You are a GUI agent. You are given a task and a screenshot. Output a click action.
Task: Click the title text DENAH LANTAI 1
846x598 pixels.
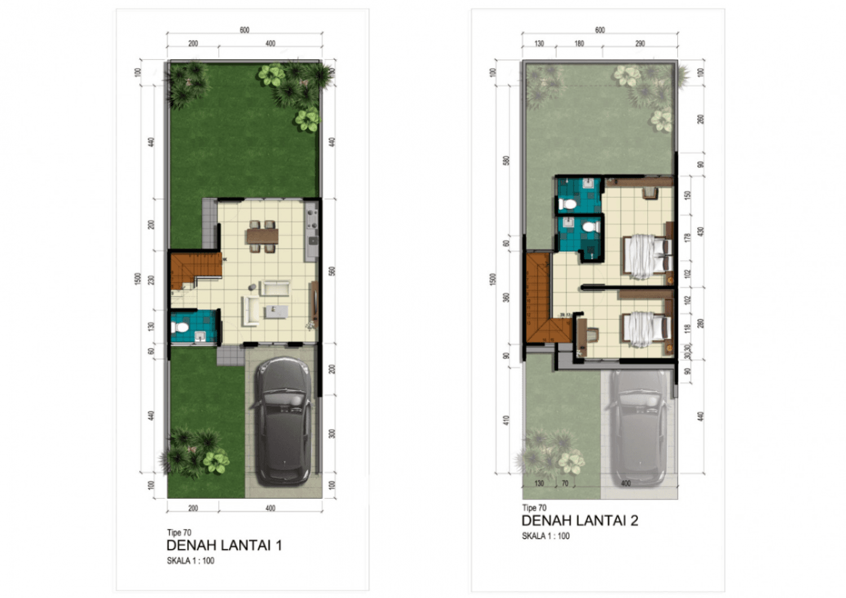(x=224, y=546)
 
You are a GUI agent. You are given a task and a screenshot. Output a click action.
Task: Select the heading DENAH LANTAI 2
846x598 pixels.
(x=579, y=521)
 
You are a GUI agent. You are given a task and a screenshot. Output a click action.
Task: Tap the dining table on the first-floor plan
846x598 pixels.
(x=262, y=235)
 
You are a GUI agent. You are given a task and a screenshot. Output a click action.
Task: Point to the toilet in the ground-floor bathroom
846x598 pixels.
(x=180, y=327)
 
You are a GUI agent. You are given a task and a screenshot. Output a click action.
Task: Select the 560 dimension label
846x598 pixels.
(x=332, y=271)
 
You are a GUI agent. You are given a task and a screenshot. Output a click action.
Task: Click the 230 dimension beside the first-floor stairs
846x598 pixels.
(x=151, y=279)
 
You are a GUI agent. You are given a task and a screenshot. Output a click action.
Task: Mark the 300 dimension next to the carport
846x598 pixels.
(x=332, y=433)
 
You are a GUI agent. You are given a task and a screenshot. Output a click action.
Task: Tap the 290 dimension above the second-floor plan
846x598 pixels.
(x=640, y=43)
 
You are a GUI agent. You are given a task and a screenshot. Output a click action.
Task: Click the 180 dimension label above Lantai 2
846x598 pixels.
(x=579, y=43)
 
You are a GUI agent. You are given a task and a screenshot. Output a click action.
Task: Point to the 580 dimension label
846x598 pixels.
(x=506, y=160)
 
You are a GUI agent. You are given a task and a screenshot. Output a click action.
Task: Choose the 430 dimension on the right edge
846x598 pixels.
(x=700, y=231)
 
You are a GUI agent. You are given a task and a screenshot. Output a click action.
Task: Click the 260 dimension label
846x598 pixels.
(x=700, y=119)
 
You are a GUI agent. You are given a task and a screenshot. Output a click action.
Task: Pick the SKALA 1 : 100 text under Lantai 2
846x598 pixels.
(x=545, y=536)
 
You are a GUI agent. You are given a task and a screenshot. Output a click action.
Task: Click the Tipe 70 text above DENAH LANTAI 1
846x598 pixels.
(x=179, y=533)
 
